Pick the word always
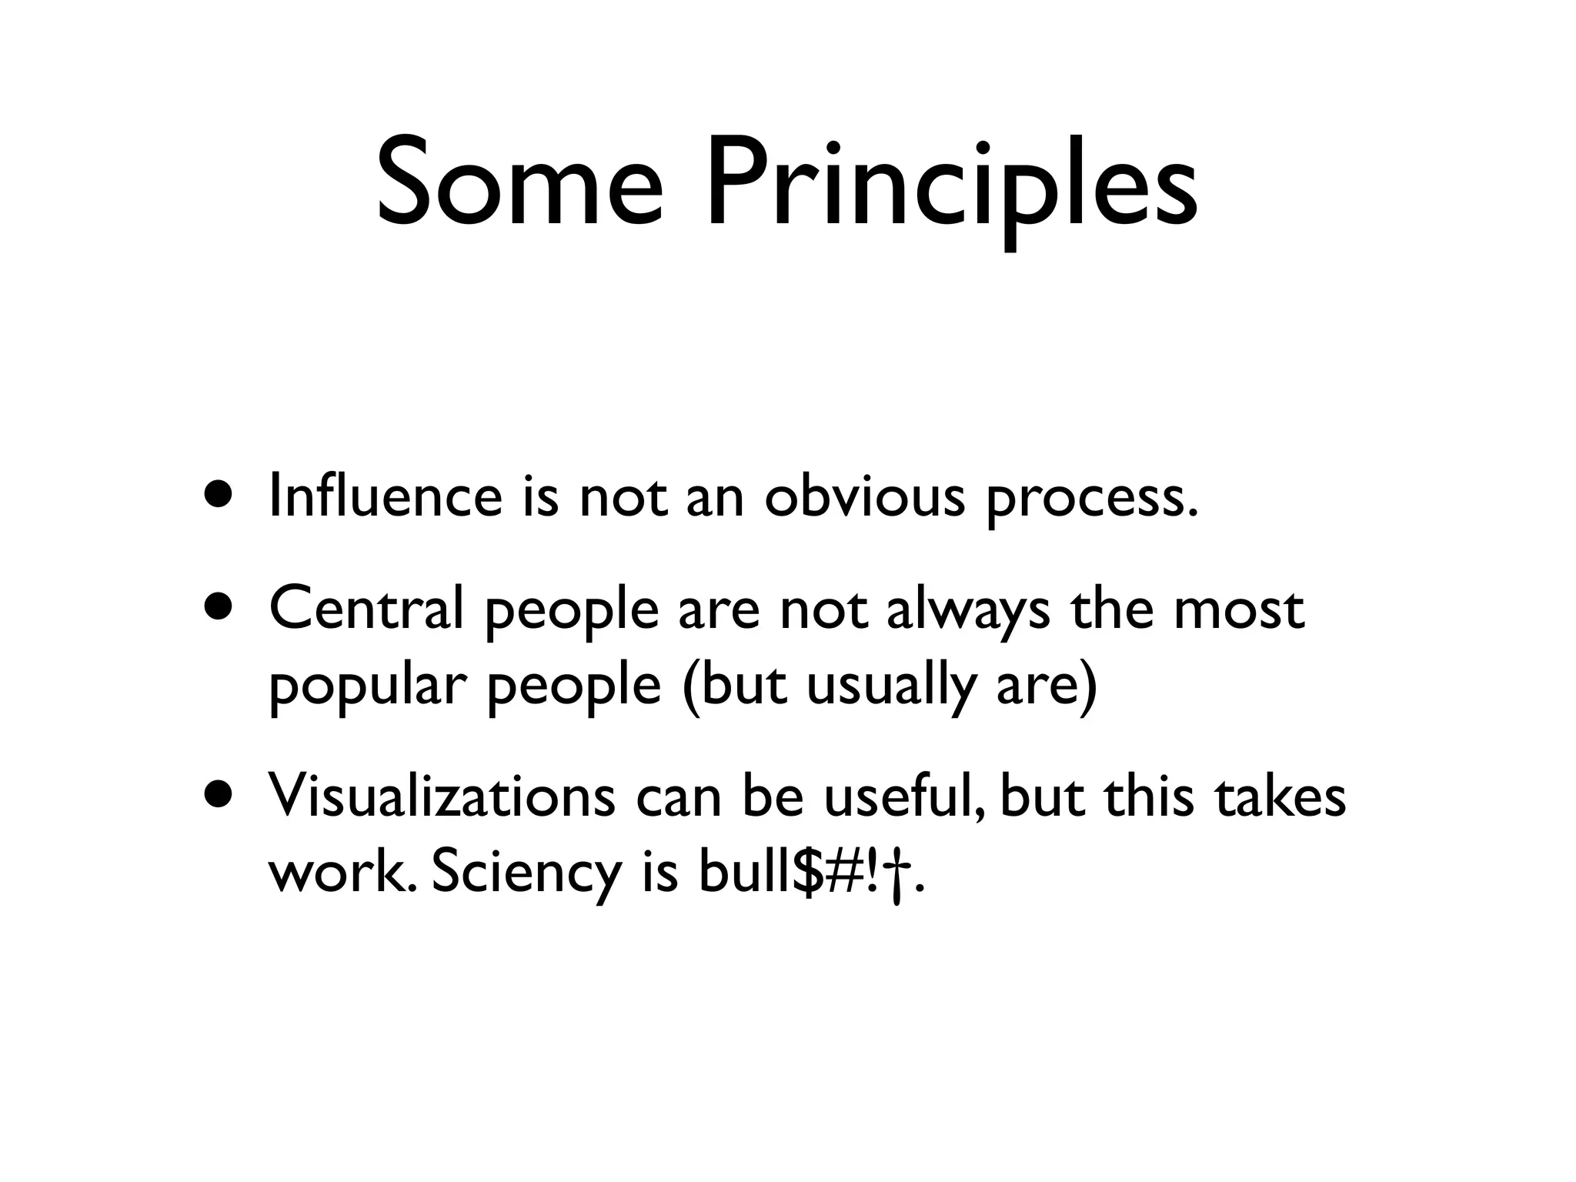point(968,612)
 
